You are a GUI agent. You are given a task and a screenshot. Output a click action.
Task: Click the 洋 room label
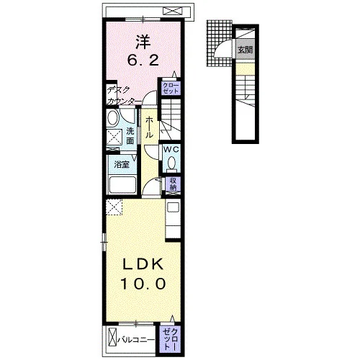tap(143, 42)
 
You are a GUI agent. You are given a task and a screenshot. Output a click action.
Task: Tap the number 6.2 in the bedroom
tap(143, 60)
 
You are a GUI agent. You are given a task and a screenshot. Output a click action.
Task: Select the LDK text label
tap(143, 264)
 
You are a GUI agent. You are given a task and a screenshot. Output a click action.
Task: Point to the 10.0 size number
tap(143, 284)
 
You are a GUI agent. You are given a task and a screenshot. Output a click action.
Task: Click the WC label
tap(171, 149)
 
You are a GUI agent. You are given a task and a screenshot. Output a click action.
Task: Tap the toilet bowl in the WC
tap(171, 163)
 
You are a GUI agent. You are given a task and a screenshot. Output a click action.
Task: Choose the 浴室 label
tap(122, 165)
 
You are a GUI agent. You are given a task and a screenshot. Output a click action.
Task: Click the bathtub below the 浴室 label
tap(122, 185)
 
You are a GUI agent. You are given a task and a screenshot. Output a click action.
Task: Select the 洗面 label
tap(130, 136)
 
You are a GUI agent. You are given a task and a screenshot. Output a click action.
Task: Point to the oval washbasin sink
tap(113, 118)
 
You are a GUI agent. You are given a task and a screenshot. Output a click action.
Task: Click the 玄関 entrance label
tap(245, 50)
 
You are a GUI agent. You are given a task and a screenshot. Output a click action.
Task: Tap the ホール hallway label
tap(149, 127)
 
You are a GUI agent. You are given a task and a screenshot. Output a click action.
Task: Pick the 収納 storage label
tap(174, 184)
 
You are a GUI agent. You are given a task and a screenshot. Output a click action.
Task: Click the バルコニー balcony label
tap(136, 340)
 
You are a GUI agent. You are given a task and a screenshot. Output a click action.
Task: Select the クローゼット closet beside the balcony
tap(171, 339)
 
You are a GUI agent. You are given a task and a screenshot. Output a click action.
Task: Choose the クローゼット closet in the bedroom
tap(171, 89)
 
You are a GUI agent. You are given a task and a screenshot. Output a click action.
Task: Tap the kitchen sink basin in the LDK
tap(173, 207)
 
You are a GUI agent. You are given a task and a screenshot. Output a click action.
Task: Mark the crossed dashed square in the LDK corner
tap(114, 207)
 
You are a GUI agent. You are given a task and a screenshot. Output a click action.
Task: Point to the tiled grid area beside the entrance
tap(219, 43)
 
